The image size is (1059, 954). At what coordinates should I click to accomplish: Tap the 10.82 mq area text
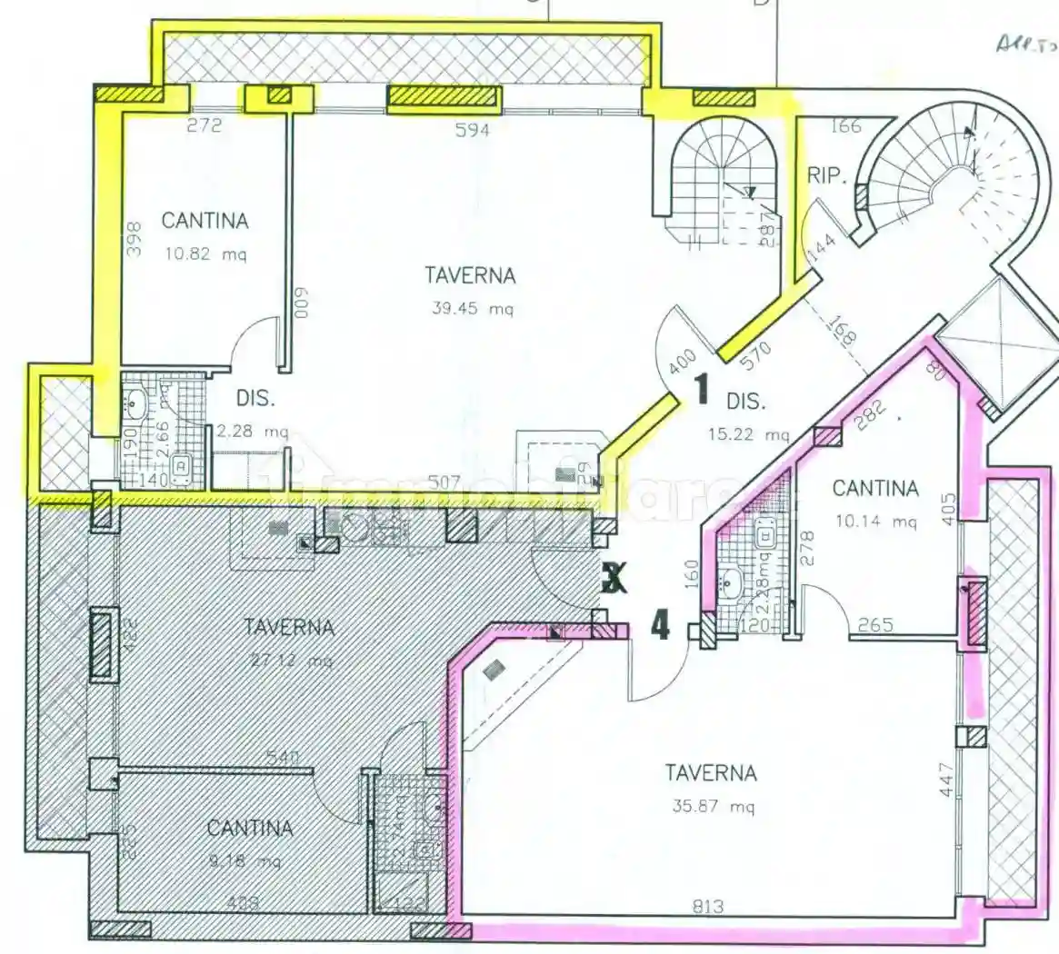[x=205, y=254]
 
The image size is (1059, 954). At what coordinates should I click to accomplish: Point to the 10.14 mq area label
[x=877, y=522]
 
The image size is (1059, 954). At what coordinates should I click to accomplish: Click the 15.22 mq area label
[x=749, y=434]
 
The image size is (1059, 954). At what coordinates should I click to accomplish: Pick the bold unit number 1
[x=701, y=390]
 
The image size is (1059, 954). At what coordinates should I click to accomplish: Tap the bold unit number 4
[x=660, y=625]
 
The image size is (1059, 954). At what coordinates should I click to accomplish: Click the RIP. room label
[x=826, y=175]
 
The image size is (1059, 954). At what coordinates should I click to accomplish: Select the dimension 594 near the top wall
[x=472, y=130]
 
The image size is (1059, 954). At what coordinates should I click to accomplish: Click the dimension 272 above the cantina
[x=205, y=125]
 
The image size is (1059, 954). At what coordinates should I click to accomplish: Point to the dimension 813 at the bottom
[x=708, y=906]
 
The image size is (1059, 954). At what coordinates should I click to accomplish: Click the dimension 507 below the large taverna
[x=445, y=482]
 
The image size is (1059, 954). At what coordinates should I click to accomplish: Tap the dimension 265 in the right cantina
[x=875, y=625]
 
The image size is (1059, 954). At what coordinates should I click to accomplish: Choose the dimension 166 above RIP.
[x=845, y=125]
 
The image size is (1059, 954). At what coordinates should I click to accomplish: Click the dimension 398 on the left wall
[x=134, y=241]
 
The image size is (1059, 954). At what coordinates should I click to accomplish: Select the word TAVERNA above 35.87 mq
[x=711, y=773]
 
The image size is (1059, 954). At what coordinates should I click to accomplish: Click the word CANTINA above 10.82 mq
[x=205, y=221]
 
